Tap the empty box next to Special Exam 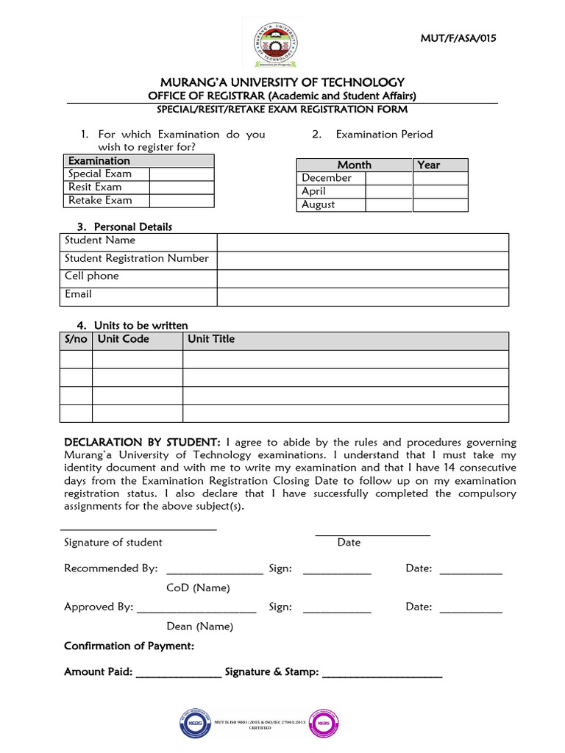click(182, 174)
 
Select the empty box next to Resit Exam click(182, 188)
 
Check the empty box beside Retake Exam click(182, 201)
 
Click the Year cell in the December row click(440, 178)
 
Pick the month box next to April click(389, 191)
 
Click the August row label click(318, 204)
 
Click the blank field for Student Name click(362, 242)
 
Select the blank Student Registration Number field click(362, 260)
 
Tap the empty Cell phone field click(362, 278)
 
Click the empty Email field click(362, 296)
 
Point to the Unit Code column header click(124, 340)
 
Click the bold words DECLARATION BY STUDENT click(142, 443)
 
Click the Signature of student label click(113, 543)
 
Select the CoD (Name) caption click(198, 588)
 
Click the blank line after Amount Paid click(178, 673)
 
